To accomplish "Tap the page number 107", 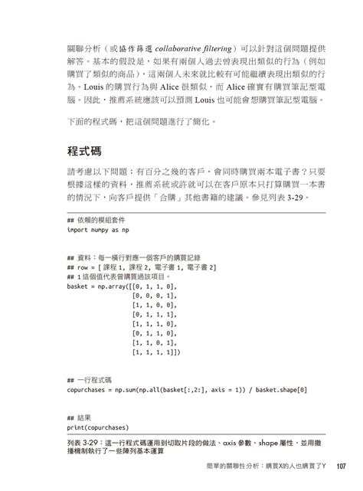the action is click(x=341, y=466).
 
